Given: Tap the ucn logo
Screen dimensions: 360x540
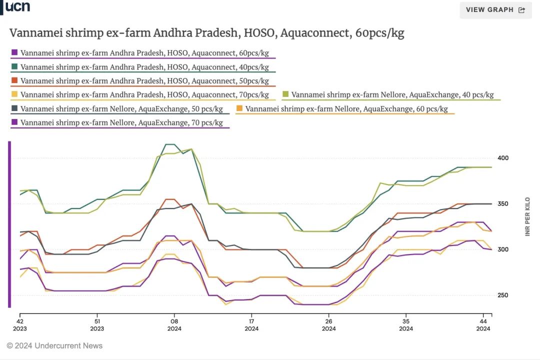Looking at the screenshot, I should pyautogui.click(x=17, y=6).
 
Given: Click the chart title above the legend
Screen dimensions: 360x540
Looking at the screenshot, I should pyautogui.click(x=206, y=33).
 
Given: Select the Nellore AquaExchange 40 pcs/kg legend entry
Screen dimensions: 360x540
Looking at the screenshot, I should pyautogui.click(x=392, y=94).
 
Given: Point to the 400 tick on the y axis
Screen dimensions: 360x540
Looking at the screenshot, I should pyautogui.click(x=502, y=158).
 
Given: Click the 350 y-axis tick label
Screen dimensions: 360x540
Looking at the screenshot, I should pyautogui.click(x=502, y=204).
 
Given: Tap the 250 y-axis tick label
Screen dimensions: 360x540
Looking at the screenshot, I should pyautogui.click(x=502, y=295).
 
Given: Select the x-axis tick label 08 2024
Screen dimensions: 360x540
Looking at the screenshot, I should pyautogui.click(x=174, y=324).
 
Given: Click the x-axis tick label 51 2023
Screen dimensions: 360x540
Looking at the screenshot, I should pyautogui.click(x=97, y=324).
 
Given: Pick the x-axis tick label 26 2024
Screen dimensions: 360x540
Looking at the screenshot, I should pyautogui.click(x=328, y=324).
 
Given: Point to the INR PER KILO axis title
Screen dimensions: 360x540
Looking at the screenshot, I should pyautogui.click(x=527, y=216).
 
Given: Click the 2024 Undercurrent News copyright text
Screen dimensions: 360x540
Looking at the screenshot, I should pyautogui.click(x=54, y=345).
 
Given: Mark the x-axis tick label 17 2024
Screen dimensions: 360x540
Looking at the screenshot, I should pyautogui.click(x=251, y=324).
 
